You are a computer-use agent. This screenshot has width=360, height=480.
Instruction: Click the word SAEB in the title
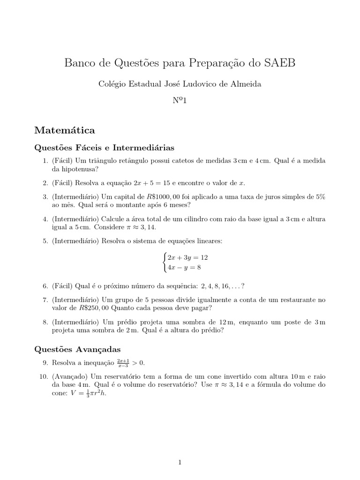click(279, 63)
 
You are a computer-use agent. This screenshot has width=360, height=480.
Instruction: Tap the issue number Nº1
click(180, 100)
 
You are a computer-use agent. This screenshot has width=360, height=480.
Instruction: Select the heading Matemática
click(65, 129)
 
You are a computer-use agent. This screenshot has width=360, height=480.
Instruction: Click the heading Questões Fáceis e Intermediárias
click(105, 148)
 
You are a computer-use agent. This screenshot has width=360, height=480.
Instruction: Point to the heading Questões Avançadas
click(78, 349)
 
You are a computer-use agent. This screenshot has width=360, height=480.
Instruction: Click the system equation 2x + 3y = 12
click(187, 258)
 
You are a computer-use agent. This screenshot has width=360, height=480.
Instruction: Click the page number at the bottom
click(180, 449)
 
